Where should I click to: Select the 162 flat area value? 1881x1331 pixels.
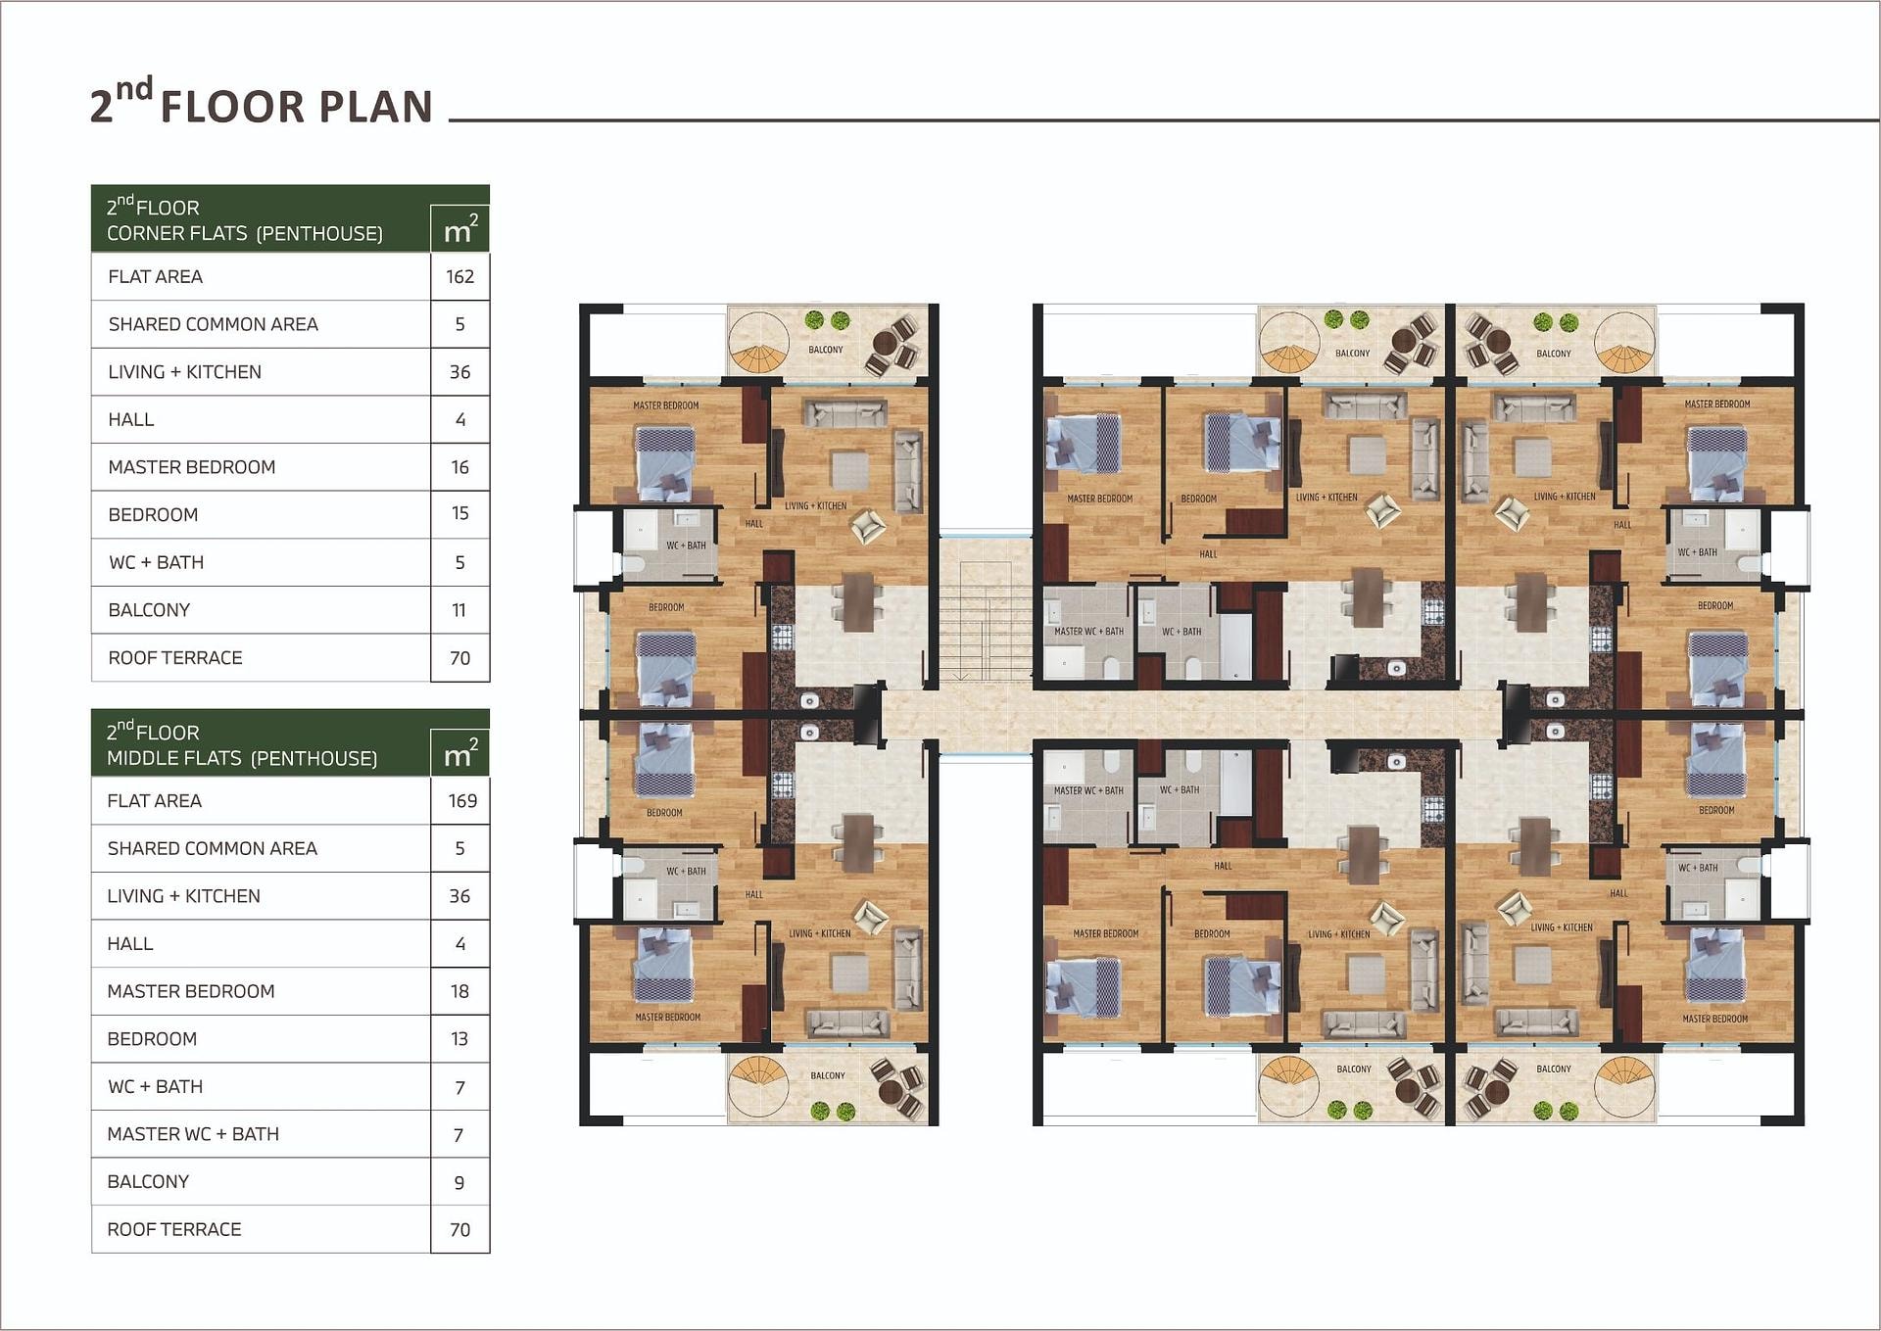tap(459, 277)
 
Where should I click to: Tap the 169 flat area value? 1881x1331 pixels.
tap(462, 801)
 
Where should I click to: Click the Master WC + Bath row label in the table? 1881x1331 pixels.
tap(193, 1134)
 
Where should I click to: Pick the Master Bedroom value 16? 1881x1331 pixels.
tap(459, 467)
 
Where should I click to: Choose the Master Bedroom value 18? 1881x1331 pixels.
tap(459, 991)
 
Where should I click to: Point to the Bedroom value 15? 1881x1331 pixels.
tap(459, 513)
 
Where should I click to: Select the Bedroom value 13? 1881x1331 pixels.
tap(459, 1038)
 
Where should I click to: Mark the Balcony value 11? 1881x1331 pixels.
tap(458, 610)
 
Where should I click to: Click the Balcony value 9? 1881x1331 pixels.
tap(459, 1183)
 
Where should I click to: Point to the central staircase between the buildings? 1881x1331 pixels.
tap(986, 621)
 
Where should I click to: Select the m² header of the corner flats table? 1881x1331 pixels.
tap(460, 230)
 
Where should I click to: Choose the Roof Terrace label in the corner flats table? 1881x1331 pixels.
tap(175, 658)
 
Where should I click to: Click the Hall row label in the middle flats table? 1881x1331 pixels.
tap(130, 944)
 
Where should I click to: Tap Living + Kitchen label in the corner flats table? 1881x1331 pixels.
tap(185, 372)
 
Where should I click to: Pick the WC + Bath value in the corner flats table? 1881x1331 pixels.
tap(459, 563)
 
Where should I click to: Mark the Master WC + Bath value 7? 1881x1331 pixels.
tap(459, 1135)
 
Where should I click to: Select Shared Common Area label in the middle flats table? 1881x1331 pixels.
tap(213, 848)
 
